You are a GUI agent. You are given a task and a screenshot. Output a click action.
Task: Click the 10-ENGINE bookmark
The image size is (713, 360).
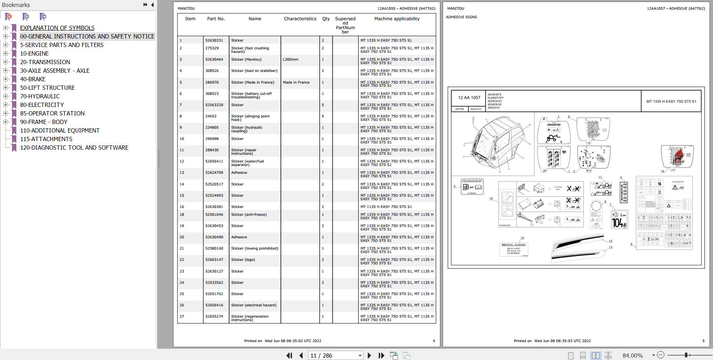34,54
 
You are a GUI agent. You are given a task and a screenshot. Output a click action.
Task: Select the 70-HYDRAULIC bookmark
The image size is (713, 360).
40,96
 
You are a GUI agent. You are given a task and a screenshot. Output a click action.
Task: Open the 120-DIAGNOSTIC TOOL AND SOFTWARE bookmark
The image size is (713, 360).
74,148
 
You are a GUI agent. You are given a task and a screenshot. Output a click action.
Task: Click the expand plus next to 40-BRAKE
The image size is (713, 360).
5,79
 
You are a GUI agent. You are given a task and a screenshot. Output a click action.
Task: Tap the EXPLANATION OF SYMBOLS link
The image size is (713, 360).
57,28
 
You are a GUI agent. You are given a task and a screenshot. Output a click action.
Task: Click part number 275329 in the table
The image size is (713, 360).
212,48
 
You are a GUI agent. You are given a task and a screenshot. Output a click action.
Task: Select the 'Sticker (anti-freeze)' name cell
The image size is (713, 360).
249,215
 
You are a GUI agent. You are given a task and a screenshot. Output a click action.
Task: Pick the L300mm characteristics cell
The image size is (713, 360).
291,59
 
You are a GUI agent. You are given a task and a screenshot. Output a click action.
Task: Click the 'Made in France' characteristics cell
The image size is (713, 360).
296,82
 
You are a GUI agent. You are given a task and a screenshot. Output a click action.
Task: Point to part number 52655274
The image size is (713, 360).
214,316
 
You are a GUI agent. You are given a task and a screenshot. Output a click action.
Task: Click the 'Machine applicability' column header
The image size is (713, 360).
397,19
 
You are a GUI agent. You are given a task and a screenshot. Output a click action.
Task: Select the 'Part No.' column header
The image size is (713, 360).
216,19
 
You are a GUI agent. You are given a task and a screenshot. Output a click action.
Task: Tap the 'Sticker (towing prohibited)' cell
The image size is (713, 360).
254,248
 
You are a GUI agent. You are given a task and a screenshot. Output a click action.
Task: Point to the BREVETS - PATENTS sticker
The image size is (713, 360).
513,249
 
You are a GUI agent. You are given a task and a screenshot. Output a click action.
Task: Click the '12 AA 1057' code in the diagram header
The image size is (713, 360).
469,98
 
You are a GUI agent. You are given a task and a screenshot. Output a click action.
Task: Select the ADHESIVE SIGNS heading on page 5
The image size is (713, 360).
461,17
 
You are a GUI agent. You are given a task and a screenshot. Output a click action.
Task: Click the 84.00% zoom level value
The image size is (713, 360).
632,355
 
